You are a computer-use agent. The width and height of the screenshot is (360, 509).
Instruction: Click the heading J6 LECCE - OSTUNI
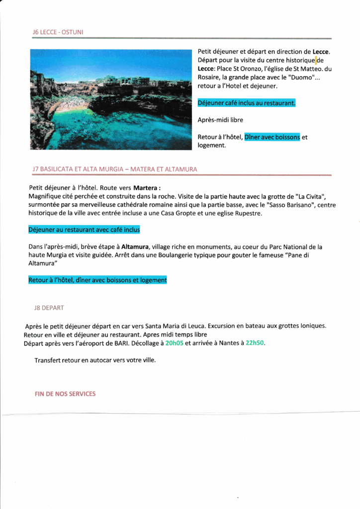[x=58, y=32]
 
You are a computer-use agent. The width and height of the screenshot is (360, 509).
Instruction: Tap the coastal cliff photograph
[x=111, y=99]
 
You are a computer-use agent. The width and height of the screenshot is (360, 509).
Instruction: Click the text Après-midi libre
[x=220, y=120]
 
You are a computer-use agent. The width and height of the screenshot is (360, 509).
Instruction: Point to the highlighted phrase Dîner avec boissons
[x=272, y=137]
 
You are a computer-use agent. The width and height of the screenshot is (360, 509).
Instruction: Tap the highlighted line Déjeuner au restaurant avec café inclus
[x=84, y=230]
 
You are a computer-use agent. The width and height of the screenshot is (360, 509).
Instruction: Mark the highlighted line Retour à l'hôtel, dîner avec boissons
[x=97, y=280]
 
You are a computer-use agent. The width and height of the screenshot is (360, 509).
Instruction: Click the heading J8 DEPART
[x=49, y=308]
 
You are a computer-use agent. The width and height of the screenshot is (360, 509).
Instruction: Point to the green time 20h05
[x=174, y=343]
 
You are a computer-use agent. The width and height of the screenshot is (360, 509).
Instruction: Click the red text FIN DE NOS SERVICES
[x=65, y=394]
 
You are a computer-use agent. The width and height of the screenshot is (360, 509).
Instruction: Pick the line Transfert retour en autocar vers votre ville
[x=95, y=360]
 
